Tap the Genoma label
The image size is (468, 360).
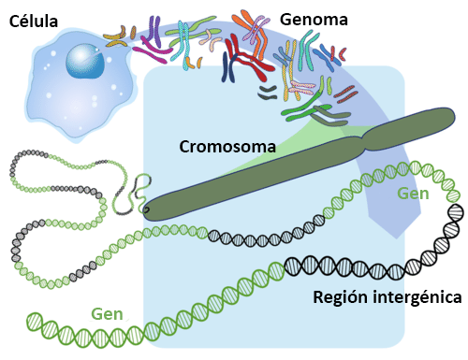[x=316, y=19]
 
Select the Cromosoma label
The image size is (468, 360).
[x=227, y=147]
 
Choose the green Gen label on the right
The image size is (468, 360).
[x=413, y=194]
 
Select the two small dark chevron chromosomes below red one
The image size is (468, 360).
[x=269, y=92]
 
